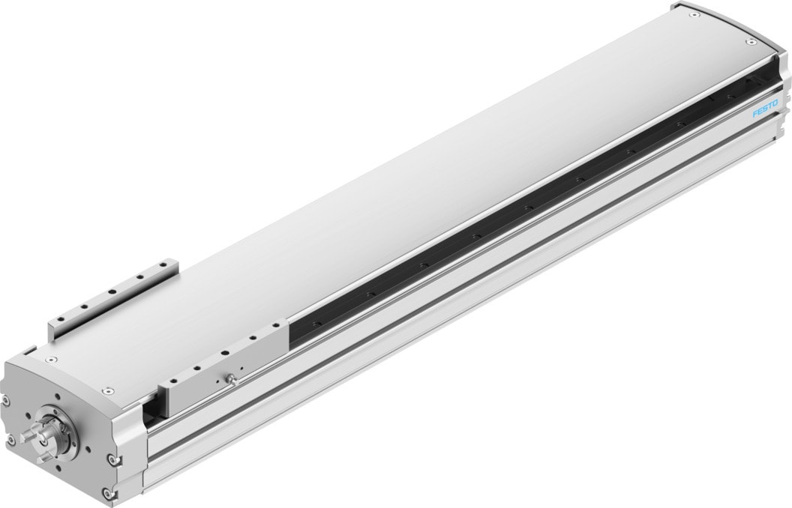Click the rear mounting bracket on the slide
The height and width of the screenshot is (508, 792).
pyautogui.click(x=112, y=296)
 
